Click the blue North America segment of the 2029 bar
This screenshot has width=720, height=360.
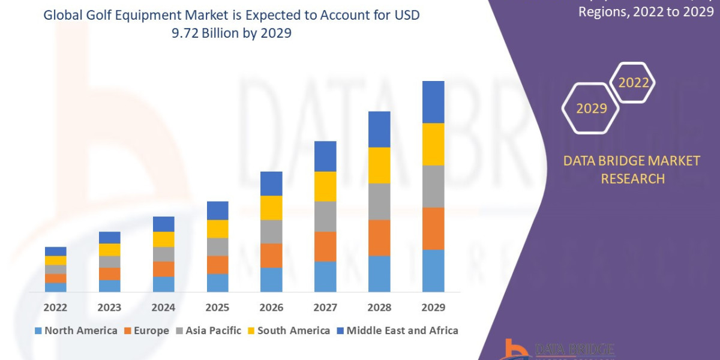(x=433, y=271)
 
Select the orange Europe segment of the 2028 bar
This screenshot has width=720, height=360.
(x=379, y=238)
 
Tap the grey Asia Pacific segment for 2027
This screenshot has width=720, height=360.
(x=325, y=216)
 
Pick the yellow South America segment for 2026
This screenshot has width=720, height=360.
(x=271, y=208)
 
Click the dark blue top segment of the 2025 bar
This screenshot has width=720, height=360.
(x=217, y=211)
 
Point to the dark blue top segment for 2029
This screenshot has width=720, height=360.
(x=433, y=102)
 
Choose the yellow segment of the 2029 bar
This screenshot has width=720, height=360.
(x=433, y=144)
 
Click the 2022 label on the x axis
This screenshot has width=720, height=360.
(x=55, y=308)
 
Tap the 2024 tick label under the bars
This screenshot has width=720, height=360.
(x=163, y=308)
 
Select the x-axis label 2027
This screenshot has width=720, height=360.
(x=325, y=308)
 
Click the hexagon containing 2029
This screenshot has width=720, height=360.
(x=591, y=109)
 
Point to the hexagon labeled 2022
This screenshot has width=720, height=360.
(x=633, y=83)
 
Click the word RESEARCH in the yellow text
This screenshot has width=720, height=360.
(x=632, y=178)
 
